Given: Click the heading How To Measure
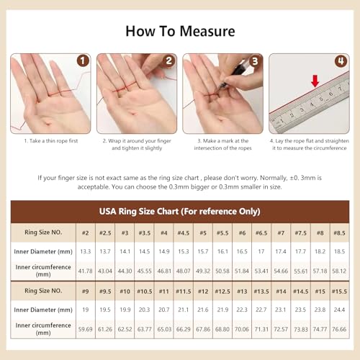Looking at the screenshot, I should tap(179, 31).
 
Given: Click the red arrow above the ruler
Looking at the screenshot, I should tap(314, 82).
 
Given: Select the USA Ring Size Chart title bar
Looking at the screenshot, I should tap(179, 212).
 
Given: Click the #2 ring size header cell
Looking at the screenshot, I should tap(85, 233).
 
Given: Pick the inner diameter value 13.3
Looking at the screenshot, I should tap(85, 252).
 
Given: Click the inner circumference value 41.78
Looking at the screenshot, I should tap(85, 271).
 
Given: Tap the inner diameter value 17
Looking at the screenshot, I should tap(261, 252).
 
